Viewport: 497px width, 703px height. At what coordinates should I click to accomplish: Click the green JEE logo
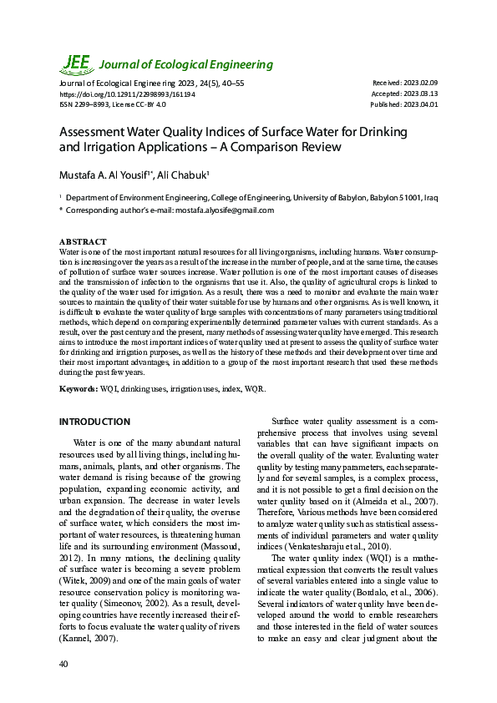pyautogui.click(x=74, y=63)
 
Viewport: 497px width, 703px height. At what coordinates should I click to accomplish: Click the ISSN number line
pyautogui.click(x=113, y=104)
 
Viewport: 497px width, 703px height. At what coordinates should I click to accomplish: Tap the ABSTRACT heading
pyautogui.click(x=83, y=241)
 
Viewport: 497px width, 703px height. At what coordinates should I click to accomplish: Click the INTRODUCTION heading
pyautogui.click(x=94, y=422)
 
